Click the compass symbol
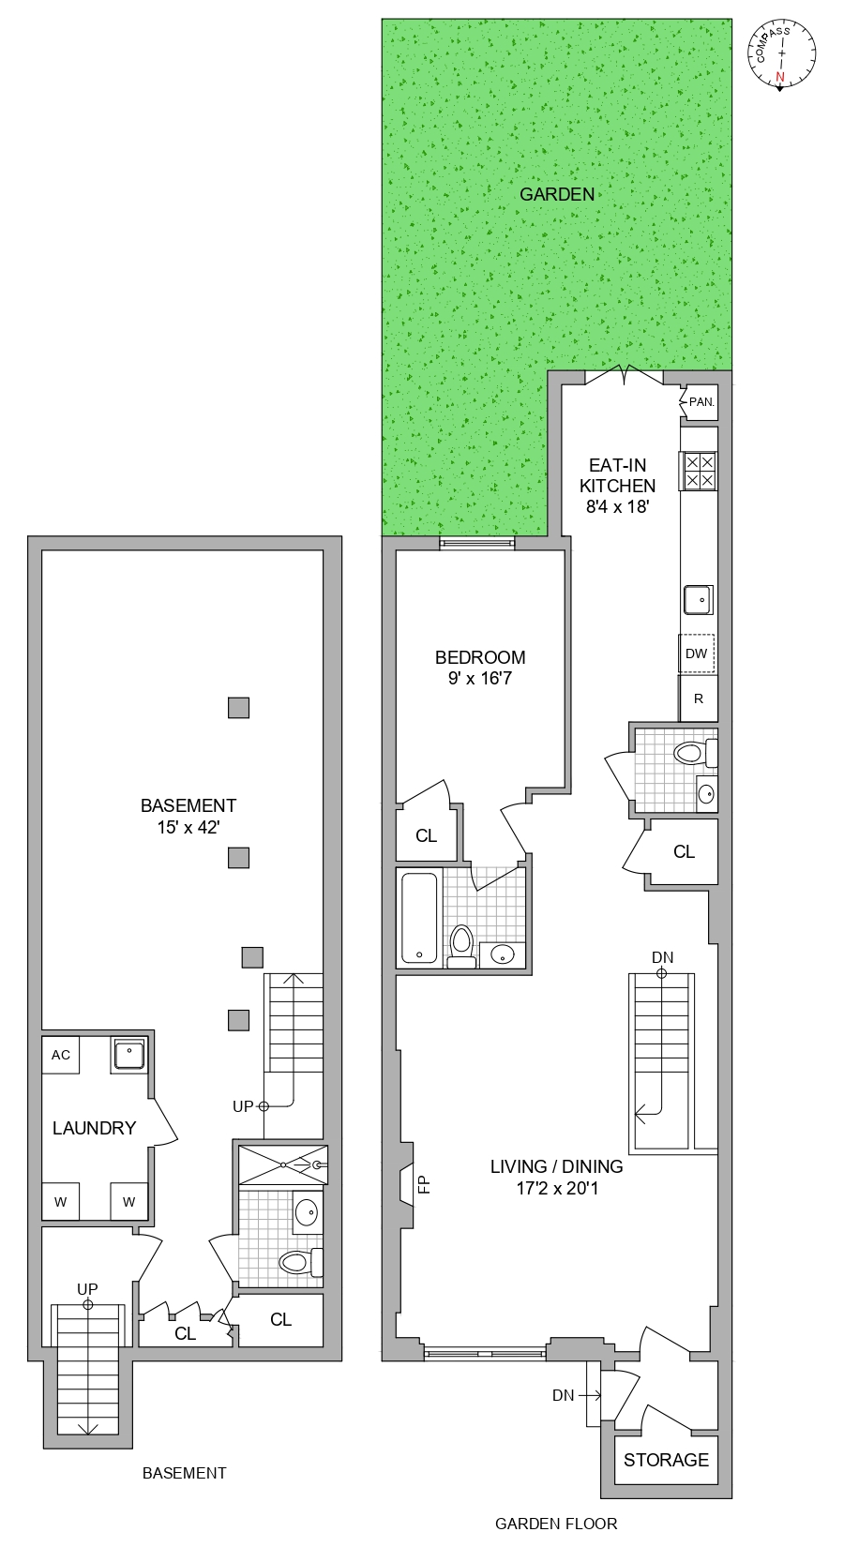(x=781, y=54)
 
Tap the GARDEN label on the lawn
(x=557, y=194)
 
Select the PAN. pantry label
(x=701, y=402)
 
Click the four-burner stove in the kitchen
(x=699, y=471)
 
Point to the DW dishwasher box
(x=696, y=653)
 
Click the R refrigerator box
(x=698, y=698)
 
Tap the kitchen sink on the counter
(x=698, y=599)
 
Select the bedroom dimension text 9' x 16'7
(x=480, y=678)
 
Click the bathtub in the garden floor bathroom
(x=419, y=918)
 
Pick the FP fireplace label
(x=424, y=1184)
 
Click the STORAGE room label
(x=666, y=1460)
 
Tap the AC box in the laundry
(x=61, y=1055)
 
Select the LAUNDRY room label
(x=94, y=1128)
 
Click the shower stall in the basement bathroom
(x=282, y=1164)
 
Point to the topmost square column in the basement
(x=239, y=708)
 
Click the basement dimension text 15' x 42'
(x=188, y=827)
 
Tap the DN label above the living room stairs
(x=662, y=957)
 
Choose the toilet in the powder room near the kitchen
(x=692, y=753)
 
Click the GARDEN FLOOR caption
(x=556, y=1524)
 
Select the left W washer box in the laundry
(x=61, y=1202)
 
